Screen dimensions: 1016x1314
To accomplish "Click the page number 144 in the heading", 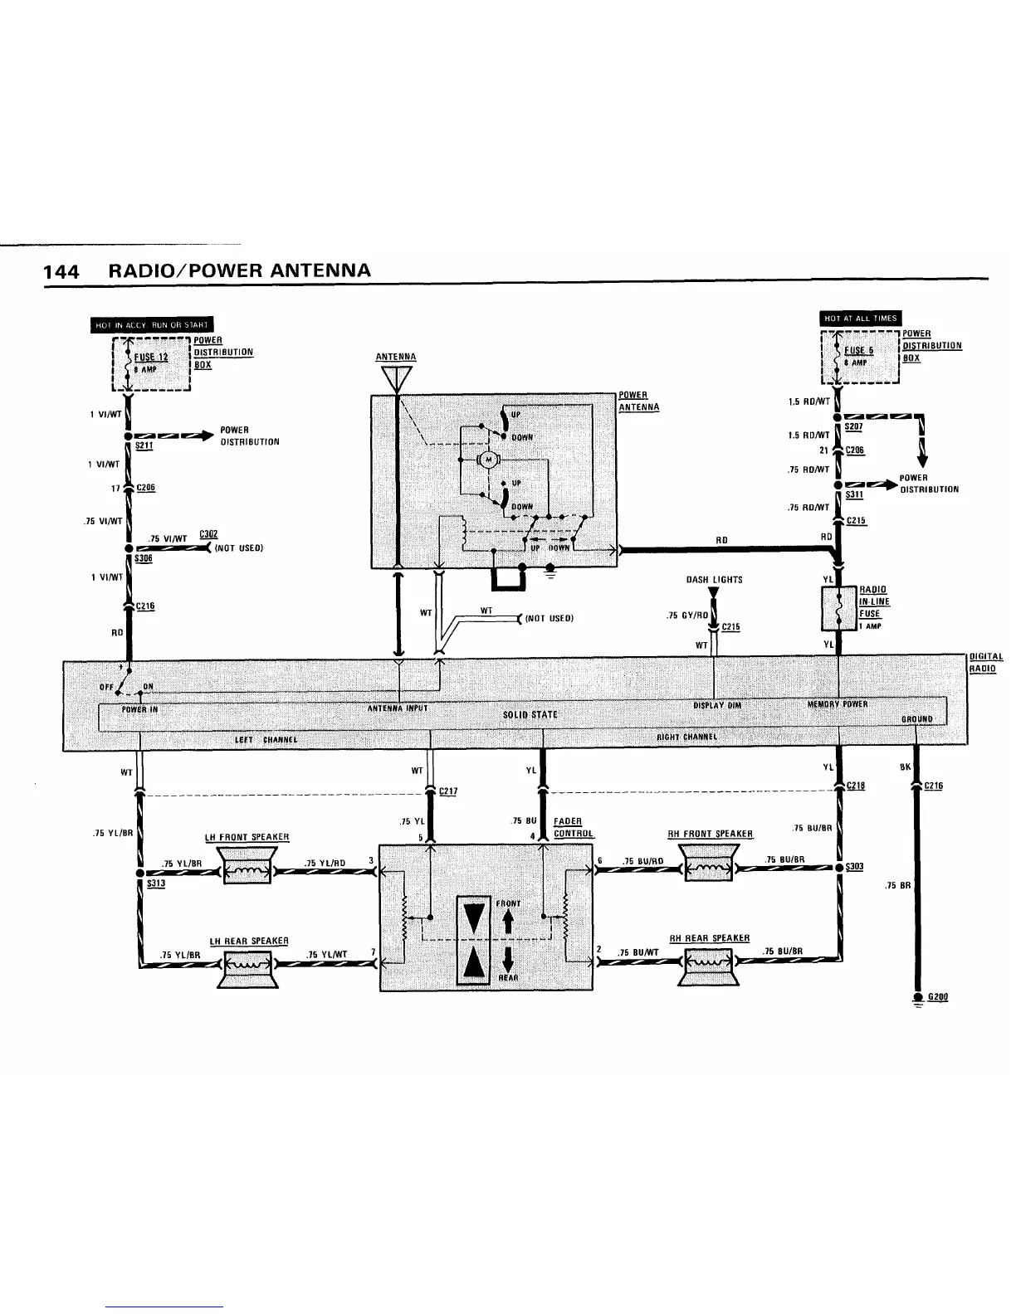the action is point(61,272).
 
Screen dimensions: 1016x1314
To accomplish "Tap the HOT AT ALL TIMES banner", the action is point(860,319).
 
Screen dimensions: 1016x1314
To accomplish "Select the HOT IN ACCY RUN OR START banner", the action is point(152,324).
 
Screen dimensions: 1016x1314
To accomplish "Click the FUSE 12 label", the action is point(151,358).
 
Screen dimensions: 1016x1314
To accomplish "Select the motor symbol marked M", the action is point(489,460).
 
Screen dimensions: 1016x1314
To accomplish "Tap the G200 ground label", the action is point(937,996).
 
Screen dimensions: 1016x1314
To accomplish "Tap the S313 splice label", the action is point(156,883).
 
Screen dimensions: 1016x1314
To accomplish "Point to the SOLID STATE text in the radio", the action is point(530,714).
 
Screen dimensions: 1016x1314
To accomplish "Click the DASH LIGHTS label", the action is point(714,580).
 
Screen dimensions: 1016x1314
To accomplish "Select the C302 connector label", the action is point(208,534).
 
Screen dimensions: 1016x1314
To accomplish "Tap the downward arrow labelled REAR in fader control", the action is point(506,960).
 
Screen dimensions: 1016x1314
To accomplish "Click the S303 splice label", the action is point(855,867).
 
